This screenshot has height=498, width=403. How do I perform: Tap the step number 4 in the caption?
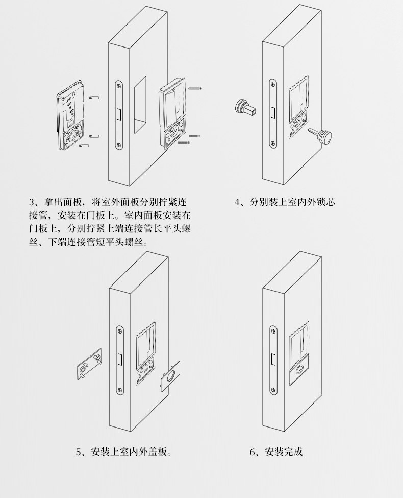[238, 202]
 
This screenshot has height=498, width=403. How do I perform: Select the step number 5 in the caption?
[79, 452]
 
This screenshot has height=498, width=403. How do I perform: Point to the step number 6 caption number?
[253, 452]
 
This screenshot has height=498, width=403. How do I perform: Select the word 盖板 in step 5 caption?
[159, 452]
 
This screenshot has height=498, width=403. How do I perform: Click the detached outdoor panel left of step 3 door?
[71, 118]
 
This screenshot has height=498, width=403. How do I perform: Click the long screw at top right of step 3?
[195, 89]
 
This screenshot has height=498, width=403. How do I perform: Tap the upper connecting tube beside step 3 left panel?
[93, 96]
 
